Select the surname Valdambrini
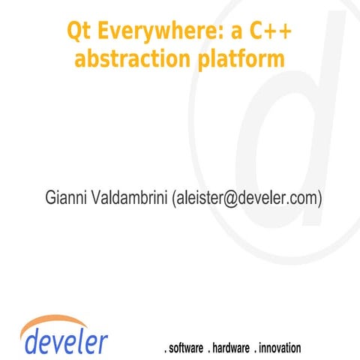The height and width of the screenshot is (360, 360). tap(127, 199)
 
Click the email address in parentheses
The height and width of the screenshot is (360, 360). tap(247, 199)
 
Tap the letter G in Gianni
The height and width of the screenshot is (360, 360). tap(52, 199)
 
